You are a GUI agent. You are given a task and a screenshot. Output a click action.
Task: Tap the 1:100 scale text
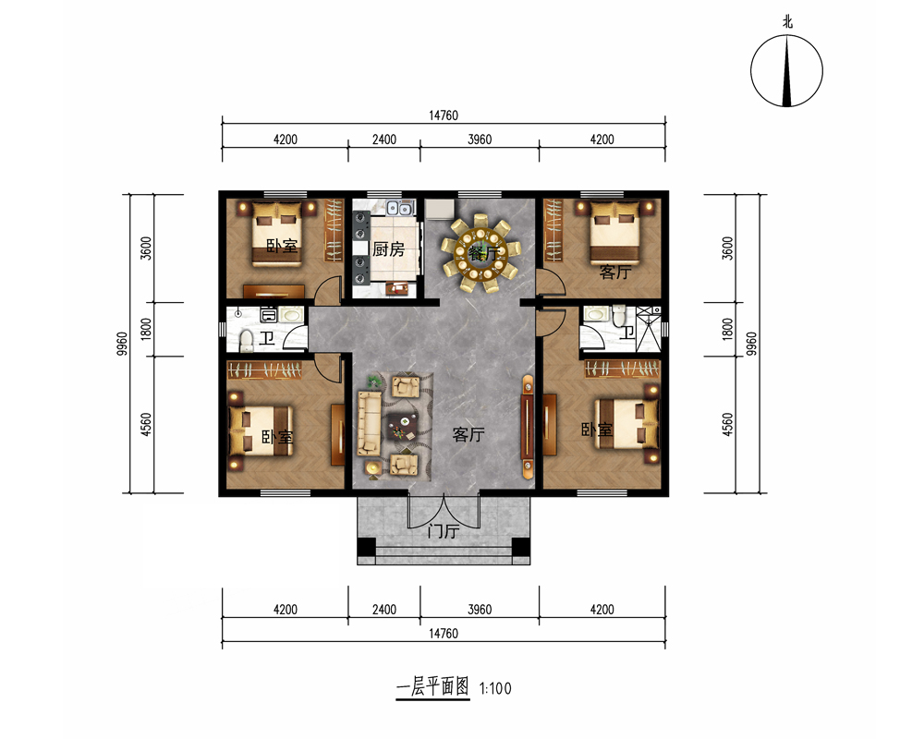click(x=495, y=688)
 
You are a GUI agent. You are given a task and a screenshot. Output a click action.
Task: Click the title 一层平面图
click(x=433, y=686)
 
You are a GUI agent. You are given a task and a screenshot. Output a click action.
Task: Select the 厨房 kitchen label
click(x=388, y=249)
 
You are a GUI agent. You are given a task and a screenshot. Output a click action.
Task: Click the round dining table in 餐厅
click(x=480, y=254)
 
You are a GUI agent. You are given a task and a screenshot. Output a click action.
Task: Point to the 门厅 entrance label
click(x=444, y=531)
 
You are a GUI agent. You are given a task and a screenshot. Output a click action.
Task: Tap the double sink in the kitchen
click(x=399, y=208)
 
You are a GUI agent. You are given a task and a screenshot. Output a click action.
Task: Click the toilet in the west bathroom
click(x=247, y=341)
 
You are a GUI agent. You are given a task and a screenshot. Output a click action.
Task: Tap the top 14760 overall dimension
click(x=444, y=115)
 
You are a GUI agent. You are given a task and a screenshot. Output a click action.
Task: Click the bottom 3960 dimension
click(x=480, y=610)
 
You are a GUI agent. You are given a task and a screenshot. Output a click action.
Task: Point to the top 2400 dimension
click(x=384, y=139)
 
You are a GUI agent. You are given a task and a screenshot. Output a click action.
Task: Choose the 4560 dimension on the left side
click(x=146, y=425)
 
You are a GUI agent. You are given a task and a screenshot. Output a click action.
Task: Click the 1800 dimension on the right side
click(x=728, y=329)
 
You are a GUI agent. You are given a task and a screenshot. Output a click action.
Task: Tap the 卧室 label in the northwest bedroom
click(x=282, y=246)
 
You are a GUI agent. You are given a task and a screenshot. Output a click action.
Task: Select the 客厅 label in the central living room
click(x=468, y=435)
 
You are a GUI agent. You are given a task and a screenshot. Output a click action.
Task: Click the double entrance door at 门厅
click(x=444, y=512)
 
